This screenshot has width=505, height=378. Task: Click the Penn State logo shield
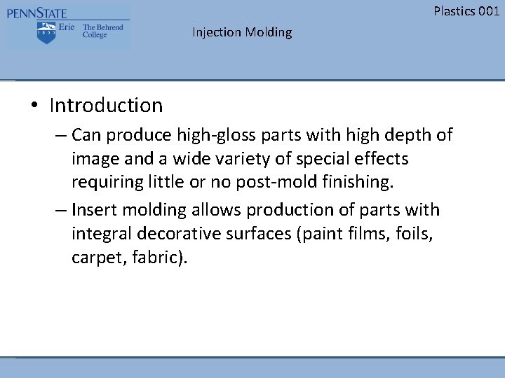[x=46, y=31]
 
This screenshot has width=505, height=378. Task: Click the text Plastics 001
[x=466, y=10]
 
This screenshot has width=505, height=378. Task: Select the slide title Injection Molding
[x=242, y=32]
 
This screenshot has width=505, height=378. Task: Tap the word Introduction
[x=106, y=106]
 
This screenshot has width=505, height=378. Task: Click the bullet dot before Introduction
[x=34, y=106]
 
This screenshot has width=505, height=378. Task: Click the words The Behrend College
[x=102, y=31]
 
